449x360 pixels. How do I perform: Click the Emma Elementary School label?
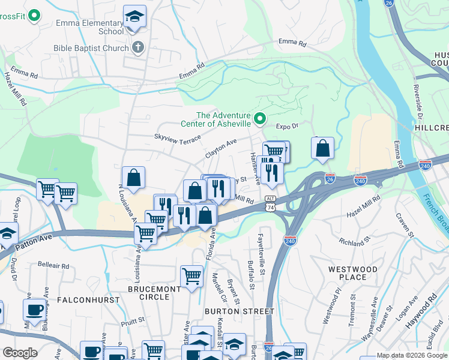(89, 27)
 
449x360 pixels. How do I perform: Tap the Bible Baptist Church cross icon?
(137, 47)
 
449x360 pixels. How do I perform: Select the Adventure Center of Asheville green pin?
(260, 119)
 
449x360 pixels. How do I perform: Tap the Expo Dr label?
(287, 126)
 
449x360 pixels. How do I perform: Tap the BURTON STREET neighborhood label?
(239, 311)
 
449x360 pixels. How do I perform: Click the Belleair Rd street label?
(53, 265)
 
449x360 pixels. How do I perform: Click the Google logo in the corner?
(19, 353)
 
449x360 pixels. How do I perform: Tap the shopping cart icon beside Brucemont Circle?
(191, 277)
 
